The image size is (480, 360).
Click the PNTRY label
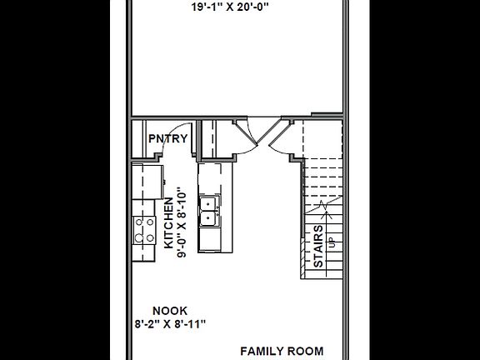click(x=167, y=138)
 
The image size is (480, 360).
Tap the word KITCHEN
click(x=169, y=223)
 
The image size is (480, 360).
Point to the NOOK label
click(x=170, y=308)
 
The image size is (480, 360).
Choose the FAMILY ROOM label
click(x=282, y=351)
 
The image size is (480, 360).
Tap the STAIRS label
click(x=318, y=245)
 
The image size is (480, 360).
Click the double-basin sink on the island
click(x=210, y=211)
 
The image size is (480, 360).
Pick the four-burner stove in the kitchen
click(x=145, y=228)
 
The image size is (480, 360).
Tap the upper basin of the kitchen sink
click(x=210, y=203)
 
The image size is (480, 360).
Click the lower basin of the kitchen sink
click(x=210, y=218)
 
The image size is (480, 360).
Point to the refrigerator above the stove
click(x=148, y=181)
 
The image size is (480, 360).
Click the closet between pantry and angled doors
click(x=215, y=137)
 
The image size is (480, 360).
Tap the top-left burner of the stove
click(x=139, y=222)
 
